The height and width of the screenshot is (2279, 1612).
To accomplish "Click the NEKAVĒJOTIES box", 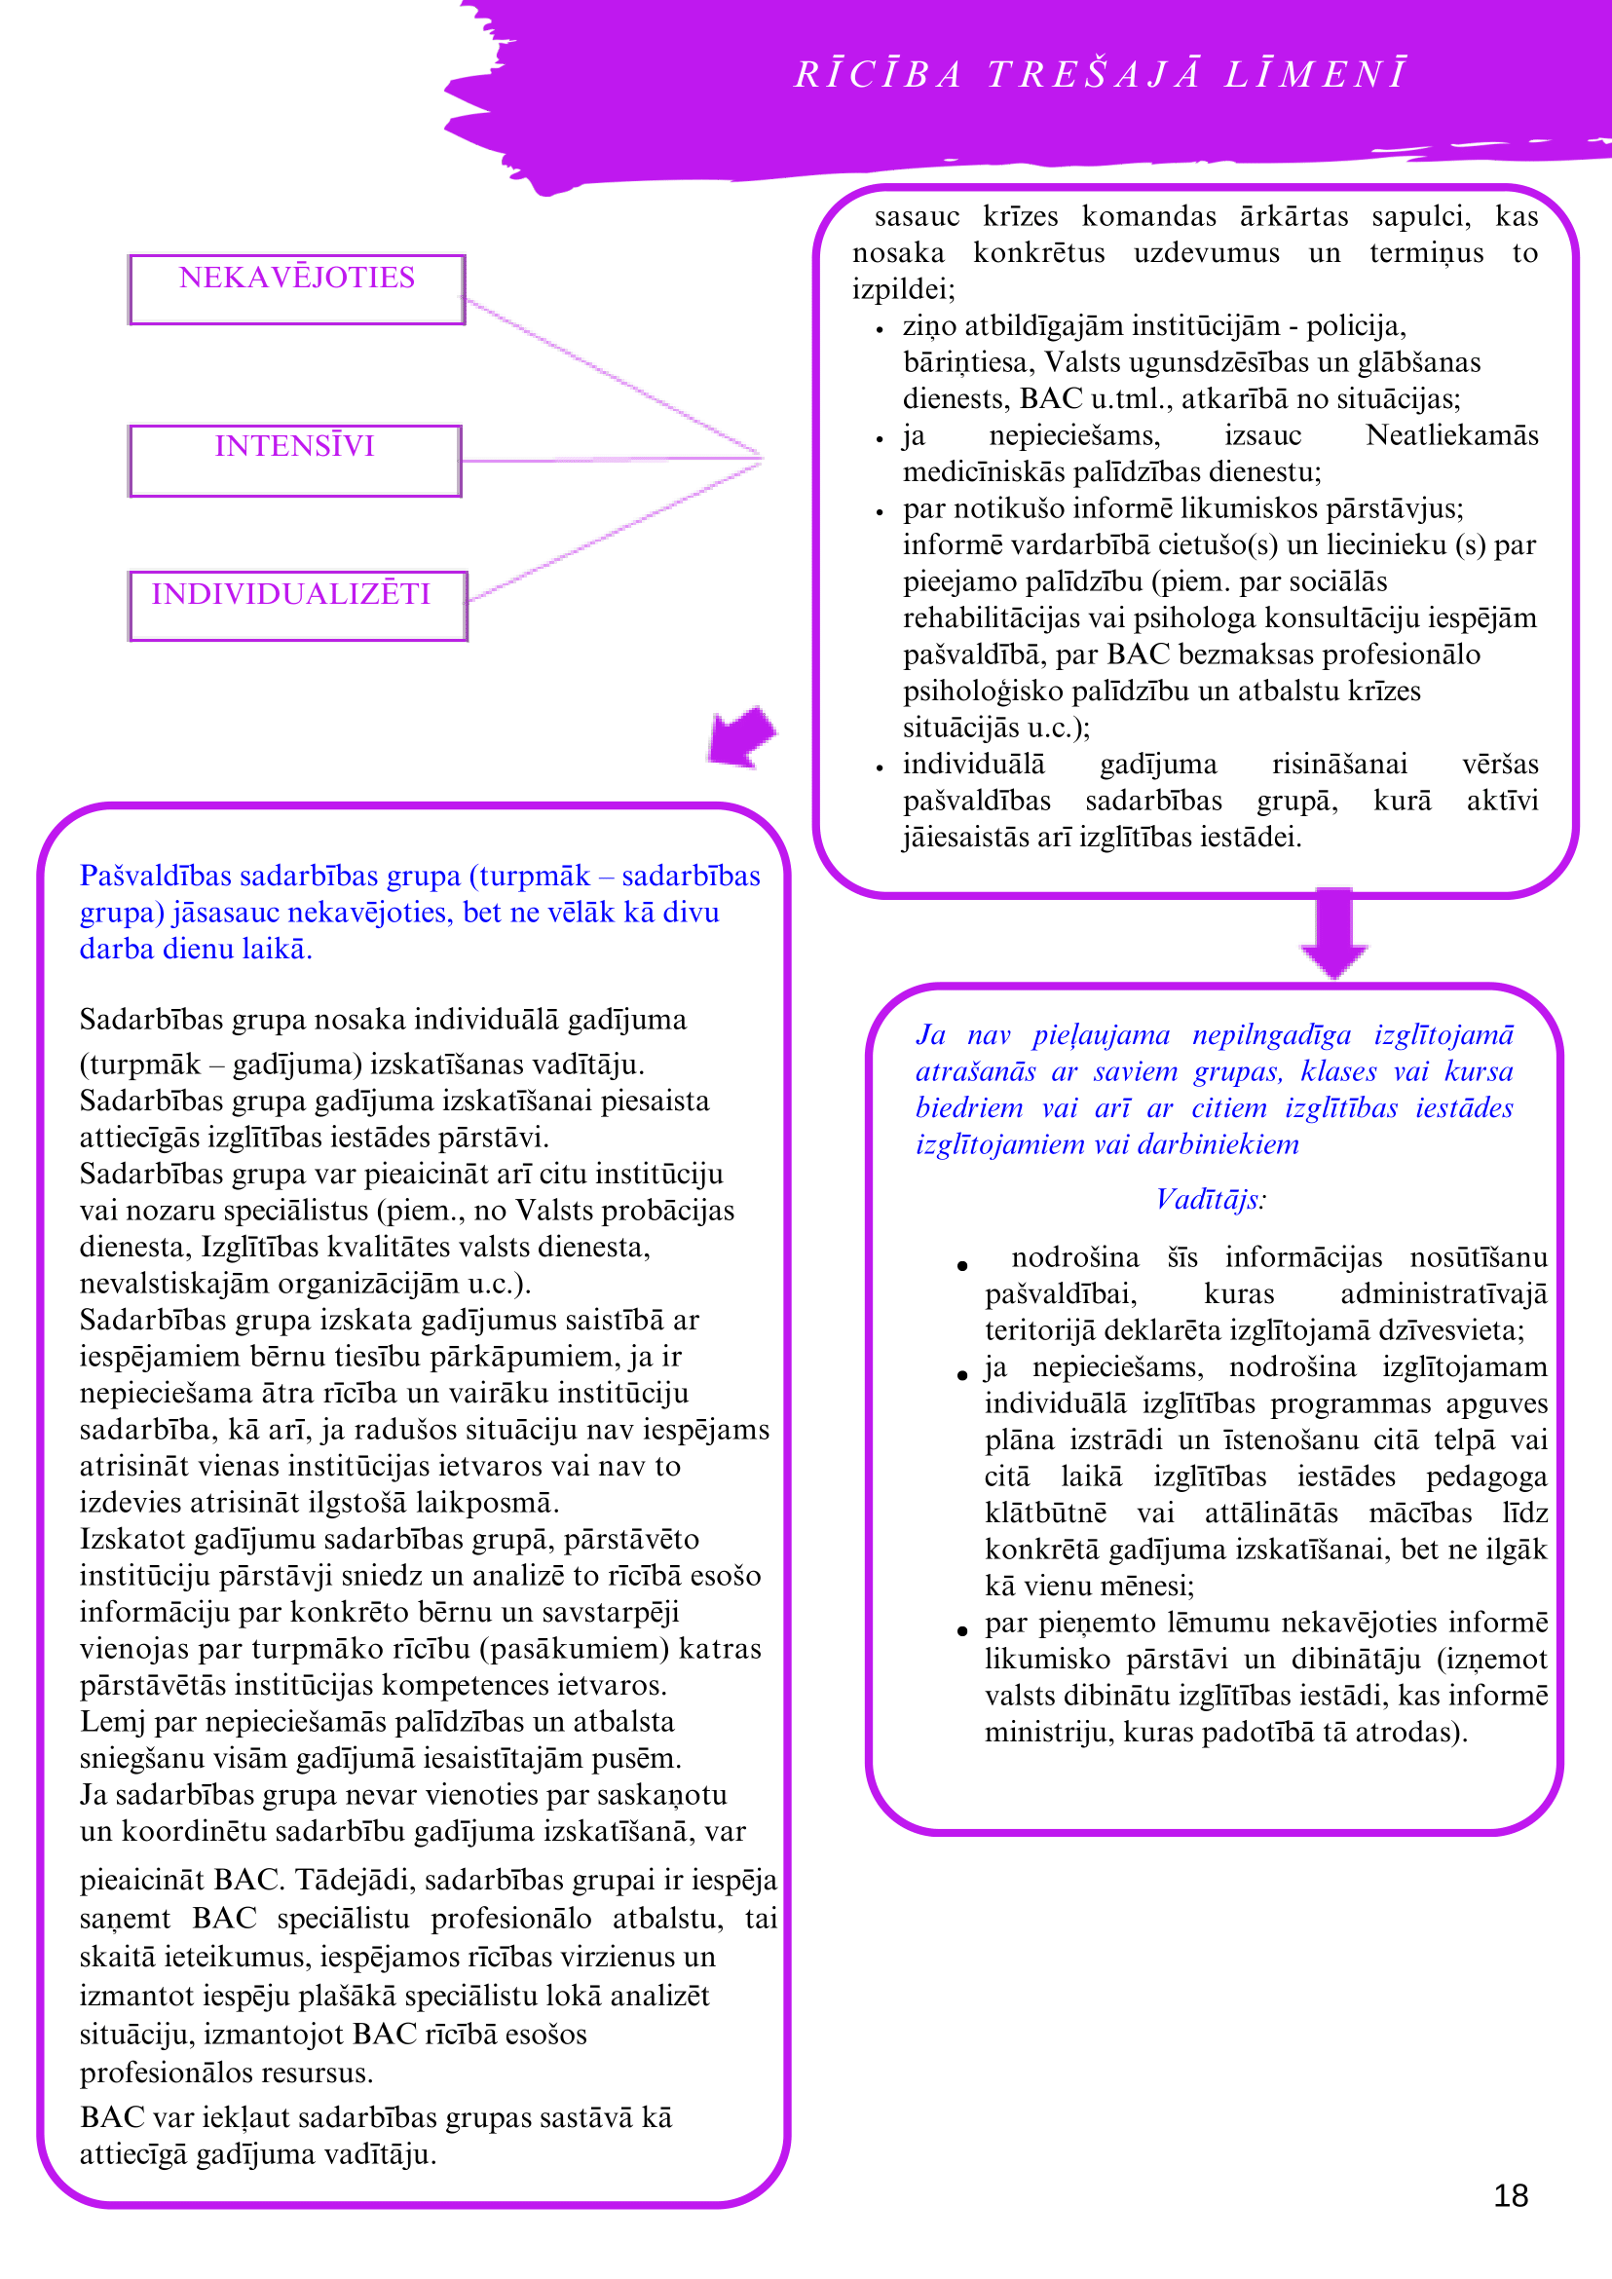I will (x=297, y=289).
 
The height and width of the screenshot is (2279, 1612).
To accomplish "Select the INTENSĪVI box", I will (x=295, y=460).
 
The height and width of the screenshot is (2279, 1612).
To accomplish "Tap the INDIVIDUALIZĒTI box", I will (x=297, y=605).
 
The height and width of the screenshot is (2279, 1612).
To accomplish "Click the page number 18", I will (x=1510, y=2195).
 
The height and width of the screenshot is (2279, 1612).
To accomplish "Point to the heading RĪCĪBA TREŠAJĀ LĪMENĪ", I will (x=1100, y=74).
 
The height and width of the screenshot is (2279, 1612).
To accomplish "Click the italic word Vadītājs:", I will (x=1210, y=1200).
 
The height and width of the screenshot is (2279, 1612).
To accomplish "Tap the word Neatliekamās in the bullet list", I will (x=1451, y=435).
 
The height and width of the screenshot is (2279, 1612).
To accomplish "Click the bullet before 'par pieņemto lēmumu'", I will (x=961, y=1630).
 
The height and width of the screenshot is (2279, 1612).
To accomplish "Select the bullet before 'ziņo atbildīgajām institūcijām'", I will (x=880, y=329).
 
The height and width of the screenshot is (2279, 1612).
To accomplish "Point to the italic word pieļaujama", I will (x=1101, y=1035).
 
